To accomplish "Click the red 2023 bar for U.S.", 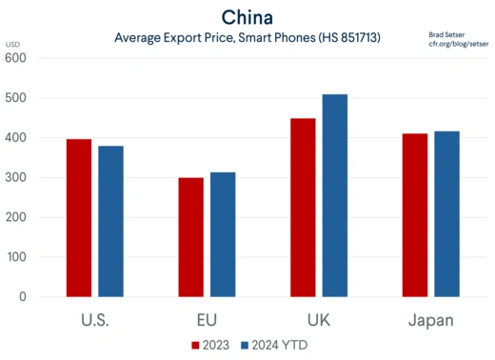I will pyautogui.click(x=79, y=218).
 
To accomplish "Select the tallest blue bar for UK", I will pyautogui.click(x=334, y=195).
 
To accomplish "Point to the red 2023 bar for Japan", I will pyautogui.click(x=414, y=215).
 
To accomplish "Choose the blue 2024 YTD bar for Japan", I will pyautogui.click(x=445, y=214).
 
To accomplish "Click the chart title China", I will pyautogui.click(x=247, y=17).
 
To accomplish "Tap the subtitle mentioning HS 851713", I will pyautogui.click(x=247, y=38).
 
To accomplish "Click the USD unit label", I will pyautogui.click(x=12, y=45).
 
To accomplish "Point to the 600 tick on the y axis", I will pyautogui.click(x=16, y=58).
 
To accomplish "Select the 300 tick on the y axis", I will pyautogui.click(x=16, y=178).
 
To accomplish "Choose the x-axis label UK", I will pyautogui.click(x=318, y=319).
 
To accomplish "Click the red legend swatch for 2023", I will pyautogui.click(x=196, y=345).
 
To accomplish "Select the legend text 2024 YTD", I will pyautogui.click(x=280, y=345).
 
